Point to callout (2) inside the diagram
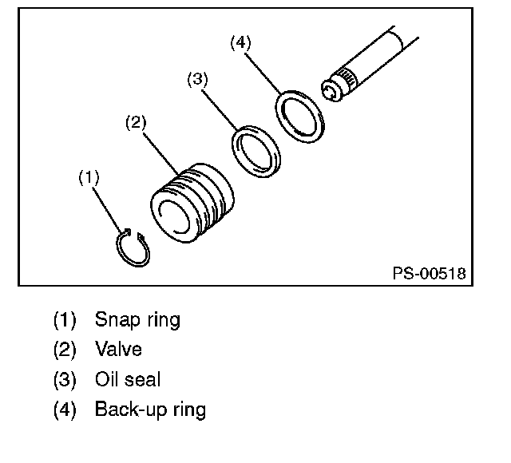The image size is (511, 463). pyautogui.click(x=137, y=122)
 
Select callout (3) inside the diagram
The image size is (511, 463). pyautogui.click(x=198, y=79)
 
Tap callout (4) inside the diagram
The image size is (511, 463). pyautogui.click(x=240, y=43)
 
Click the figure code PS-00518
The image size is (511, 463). pyautogui.click(x=428, y=273)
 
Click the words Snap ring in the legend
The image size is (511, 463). pyautogui.click(x=137, y=320)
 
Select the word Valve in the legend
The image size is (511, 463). pyautogui.click(x=119, y=350)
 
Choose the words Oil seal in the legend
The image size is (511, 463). pyautogui.click(x=128, y=380)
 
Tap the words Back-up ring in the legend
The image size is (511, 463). pyautogui.click(x=150, y=410)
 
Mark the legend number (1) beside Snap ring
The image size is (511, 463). pyautogui.click(x=65, y=320)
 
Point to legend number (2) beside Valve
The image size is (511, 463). pyautogui.click(x=65, y=350)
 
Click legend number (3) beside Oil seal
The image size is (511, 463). pyautogui.click(x=65, y=380)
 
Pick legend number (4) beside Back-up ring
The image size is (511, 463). pyautogui.click(x=65, y=410)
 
